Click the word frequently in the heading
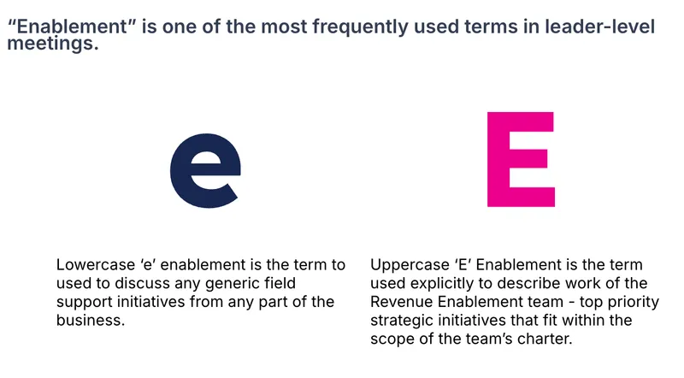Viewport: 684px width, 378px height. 360,27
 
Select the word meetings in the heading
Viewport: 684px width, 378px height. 53,44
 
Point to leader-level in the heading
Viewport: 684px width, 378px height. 600,27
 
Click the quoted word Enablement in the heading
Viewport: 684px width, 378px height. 72,27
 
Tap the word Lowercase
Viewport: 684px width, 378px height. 96,264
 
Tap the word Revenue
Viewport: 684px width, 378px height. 401,302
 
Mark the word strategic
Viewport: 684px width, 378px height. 402,321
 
